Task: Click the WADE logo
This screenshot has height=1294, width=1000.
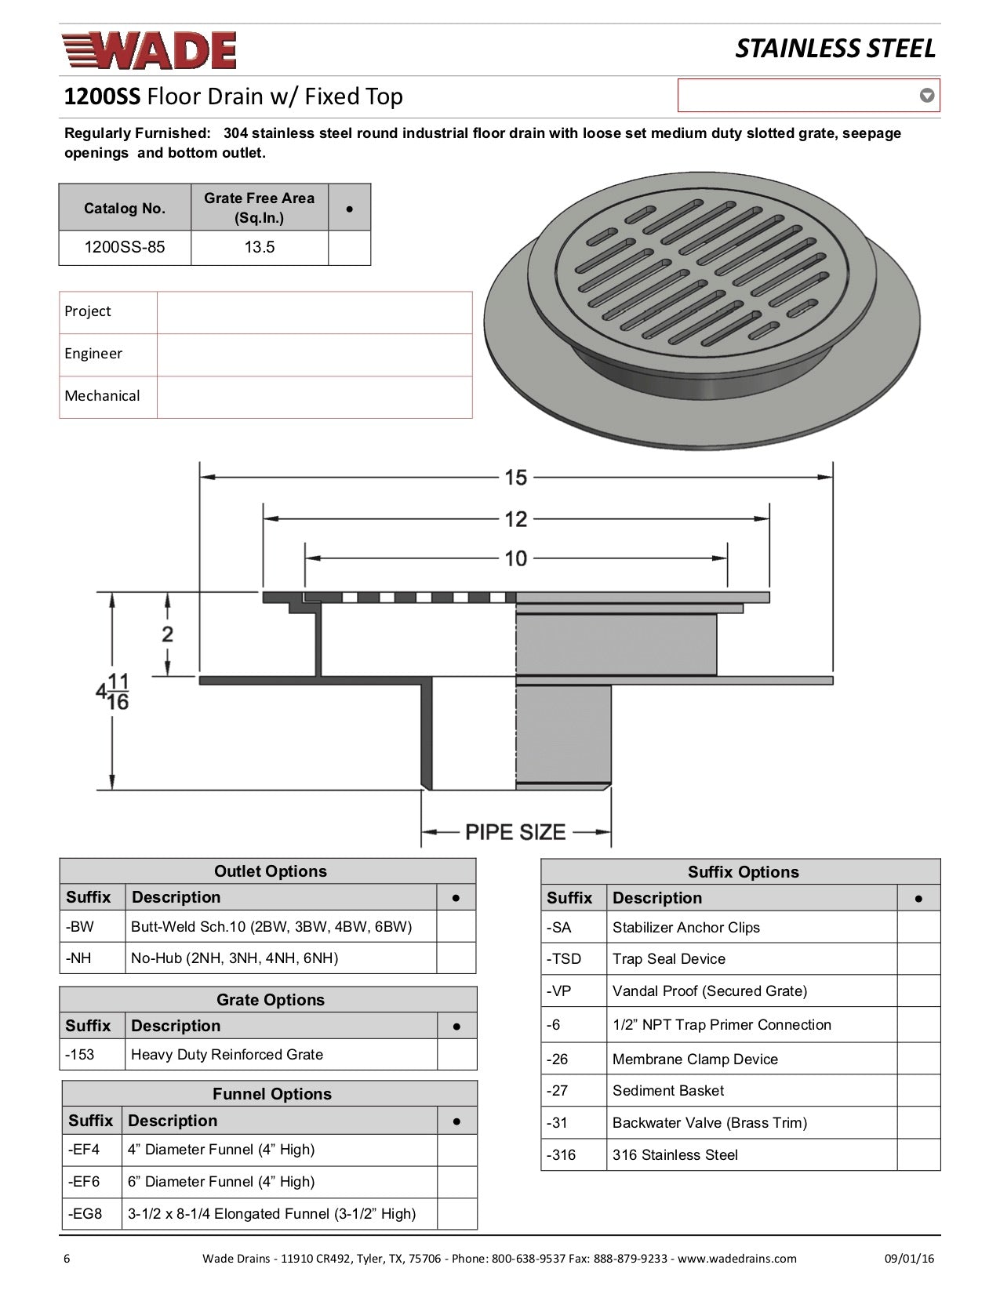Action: [149, 50]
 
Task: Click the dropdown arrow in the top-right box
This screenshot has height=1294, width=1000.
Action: [926, 96]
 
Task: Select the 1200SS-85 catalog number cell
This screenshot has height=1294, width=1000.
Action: [125, 247]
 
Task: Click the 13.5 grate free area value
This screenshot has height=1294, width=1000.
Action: [259, 247]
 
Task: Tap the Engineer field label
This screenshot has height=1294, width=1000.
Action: [93, 354]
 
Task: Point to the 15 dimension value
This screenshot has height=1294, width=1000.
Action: [515, 477]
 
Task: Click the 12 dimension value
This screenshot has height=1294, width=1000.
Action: [515, 518]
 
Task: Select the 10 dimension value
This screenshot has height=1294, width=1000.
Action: [515, 558]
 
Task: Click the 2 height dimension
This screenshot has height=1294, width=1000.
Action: [167, 634]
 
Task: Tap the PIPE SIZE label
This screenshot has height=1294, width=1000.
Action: [515, 832]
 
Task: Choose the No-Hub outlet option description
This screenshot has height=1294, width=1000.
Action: [235, 958]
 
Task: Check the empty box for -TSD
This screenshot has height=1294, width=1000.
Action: [918, 959]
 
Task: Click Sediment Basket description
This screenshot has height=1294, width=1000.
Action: [668, 1090]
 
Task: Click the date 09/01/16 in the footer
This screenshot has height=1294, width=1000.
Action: [909, 1259]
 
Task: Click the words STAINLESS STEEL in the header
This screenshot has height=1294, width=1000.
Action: [835, 49]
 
